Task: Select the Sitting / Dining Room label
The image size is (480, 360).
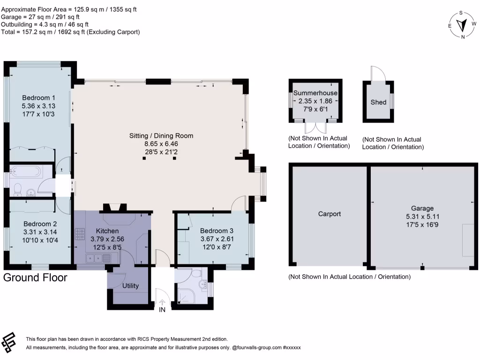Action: (161, 136)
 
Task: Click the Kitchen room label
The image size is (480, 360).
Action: (107, 231)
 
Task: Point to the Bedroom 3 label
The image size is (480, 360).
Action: (217, 231)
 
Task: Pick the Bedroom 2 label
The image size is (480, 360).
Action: (40, 224)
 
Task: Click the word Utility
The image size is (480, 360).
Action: (130, 285)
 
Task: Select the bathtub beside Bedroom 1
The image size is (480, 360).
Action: (26, 172)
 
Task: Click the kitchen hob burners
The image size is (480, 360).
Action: (79, 232)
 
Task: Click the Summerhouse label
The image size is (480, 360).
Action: (315, 93)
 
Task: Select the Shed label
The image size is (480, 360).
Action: (378, 102)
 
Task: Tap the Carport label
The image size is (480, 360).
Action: (329, 214)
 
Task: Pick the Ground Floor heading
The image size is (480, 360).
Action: (35, 277)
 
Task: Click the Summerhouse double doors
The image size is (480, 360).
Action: (315, 128)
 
